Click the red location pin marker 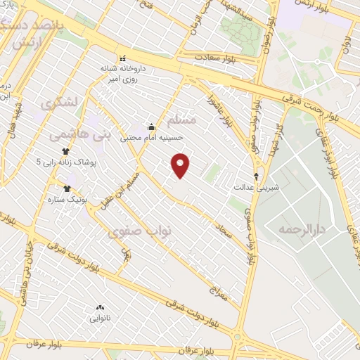click(181, 165)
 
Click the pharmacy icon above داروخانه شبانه click(124, 58)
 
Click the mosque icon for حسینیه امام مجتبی click(151, 127)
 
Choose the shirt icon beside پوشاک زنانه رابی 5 click(66, 150)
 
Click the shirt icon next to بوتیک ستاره click(67, 188)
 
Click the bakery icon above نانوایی click(99, 308)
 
